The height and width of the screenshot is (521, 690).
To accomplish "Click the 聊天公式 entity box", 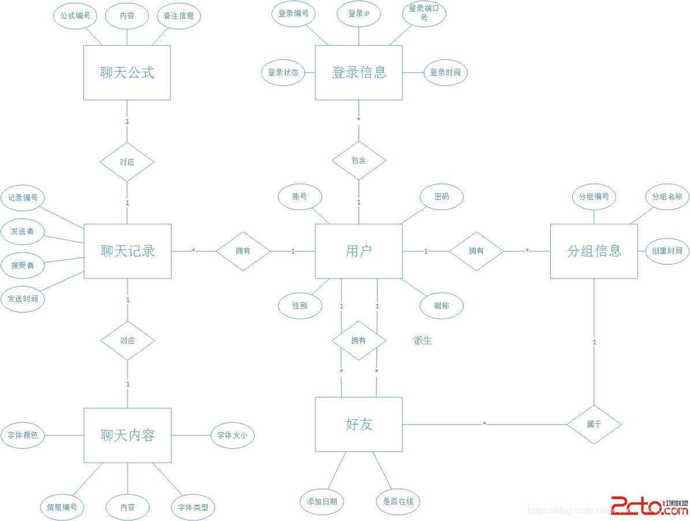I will coord(127,73).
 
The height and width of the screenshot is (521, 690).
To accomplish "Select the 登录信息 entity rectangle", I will coord(359,73).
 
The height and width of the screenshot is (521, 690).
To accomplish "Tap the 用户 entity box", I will coord(359,251).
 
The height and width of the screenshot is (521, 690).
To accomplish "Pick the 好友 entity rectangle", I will coord(359,425).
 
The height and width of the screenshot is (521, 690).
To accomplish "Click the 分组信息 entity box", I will coord(594,251).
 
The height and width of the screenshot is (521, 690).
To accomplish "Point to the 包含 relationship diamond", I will coord(359,161).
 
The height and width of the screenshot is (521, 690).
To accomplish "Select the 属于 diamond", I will coord(594,425).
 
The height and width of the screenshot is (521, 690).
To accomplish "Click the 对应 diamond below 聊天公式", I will coord(127,162).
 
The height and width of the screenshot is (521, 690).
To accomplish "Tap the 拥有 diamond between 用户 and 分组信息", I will coord(476,251).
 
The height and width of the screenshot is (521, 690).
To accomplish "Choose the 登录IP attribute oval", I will coord(359,14).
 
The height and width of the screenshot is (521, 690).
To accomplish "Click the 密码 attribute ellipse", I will coord(442,197).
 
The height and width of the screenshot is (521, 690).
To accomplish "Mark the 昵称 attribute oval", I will coord(442,306).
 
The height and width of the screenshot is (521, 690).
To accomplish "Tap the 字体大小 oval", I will coord(232,436).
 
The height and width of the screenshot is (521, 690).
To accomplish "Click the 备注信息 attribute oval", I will coord(178,16).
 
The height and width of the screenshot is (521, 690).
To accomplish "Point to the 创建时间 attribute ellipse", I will coord(667,251).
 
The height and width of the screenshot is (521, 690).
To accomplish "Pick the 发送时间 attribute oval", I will coord(23,299).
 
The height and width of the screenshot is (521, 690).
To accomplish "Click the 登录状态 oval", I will coord(283,73).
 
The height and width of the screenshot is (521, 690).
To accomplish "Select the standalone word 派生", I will coord(423,341).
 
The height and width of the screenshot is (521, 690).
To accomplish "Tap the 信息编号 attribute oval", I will coord(62,508).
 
